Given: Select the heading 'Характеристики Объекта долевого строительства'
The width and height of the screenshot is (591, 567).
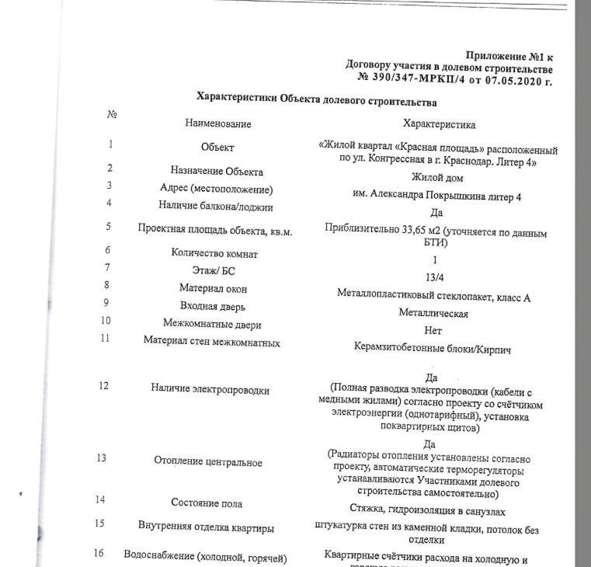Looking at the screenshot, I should click(x=316, y=101).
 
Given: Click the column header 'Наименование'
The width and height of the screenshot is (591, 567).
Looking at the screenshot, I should click(x=218, y=124).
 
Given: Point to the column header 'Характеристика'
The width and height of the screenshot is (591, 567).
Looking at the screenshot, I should click(x=439, y=124).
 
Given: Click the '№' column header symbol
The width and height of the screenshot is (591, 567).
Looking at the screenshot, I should click(x=112, y=114).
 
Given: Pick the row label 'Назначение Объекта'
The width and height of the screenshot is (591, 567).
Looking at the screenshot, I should click(x=217, y=172).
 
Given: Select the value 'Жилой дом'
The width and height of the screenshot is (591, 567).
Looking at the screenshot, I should click(x=436, y=178).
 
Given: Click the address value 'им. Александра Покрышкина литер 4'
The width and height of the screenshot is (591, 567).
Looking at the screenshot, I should click(x=436, y=197).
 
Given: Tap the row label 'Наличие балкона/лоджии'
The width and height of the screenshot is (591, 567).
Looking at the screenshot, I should click(x=216, y=207).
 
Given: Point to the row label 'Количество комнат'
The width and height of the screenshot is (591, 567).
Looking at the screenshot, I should click(x=214, y=253).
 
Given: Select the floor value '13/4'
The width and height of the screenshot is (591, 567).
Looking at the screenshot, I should click(x=436, y=277).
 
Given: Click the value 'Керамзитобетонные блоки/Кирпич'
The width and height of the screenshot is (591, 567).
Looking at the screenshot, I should click(x=432, y=350).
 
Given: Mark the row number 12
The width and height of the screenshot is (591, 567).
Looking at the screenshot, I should click(x=104, y=386).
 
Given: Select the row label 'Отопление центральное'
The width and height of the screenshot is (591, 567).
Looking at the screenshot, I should click(x=207, y=463).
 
